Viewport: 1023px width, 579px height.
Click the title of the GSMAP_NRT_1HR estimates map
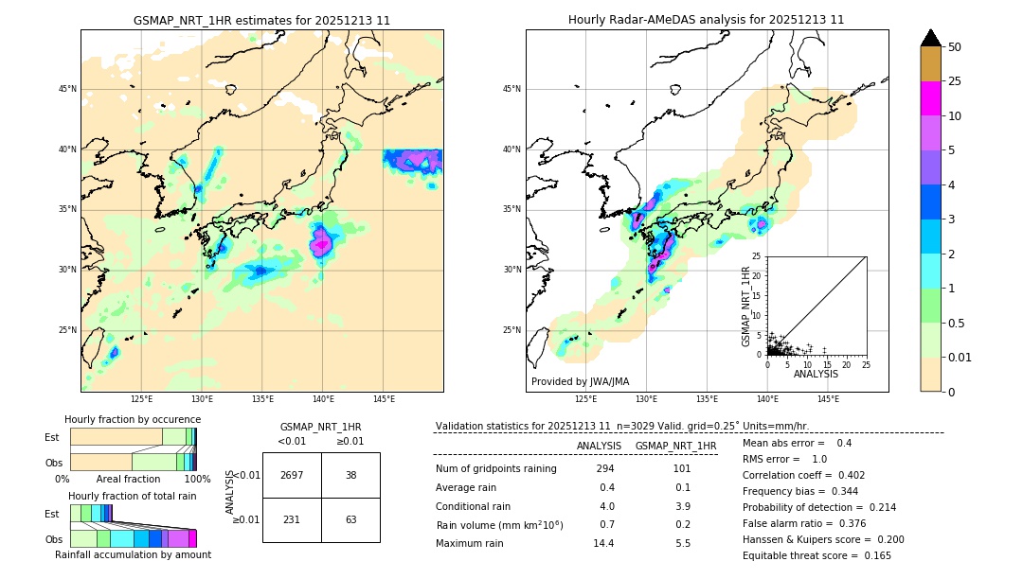(x=261, y=20)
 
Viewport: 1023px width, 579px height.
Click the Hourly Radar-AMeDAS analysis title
(x=707, y=20)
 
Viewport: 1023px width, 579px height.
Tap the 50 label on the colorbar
(x=955, y=47)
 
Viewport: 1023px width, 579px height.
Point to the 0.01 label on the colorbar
(x=960, y=357)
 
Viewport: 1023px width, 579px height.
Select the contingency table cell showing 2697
(x=292, y=475)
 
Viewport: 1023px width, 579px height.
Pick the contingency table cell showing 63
(x=350, y=519)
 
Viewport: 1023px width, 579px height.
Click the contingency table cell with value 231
(x=292, y=519)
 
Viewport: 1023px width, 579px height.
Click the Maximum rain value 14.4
(x=604, y=543)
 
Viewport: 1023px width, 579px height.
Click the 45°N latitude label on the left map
(x=67, y=89)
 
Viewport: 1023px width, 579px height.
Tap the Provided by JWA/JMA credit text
(x=580, y=381)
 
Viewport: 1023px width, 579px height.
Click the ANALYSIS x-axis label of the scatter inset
(x=816, y=374)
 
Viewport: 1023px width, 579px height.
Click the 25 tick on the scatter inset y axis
(x=758, y=256)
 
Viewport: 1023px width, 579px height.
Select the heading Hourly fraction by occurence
(x=133, y=419)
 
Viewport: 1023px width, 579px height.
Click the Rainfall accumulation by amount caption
(x=133, y=554)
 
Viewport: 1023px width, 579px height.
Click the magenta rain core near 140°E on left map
(x=321, y=242)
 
